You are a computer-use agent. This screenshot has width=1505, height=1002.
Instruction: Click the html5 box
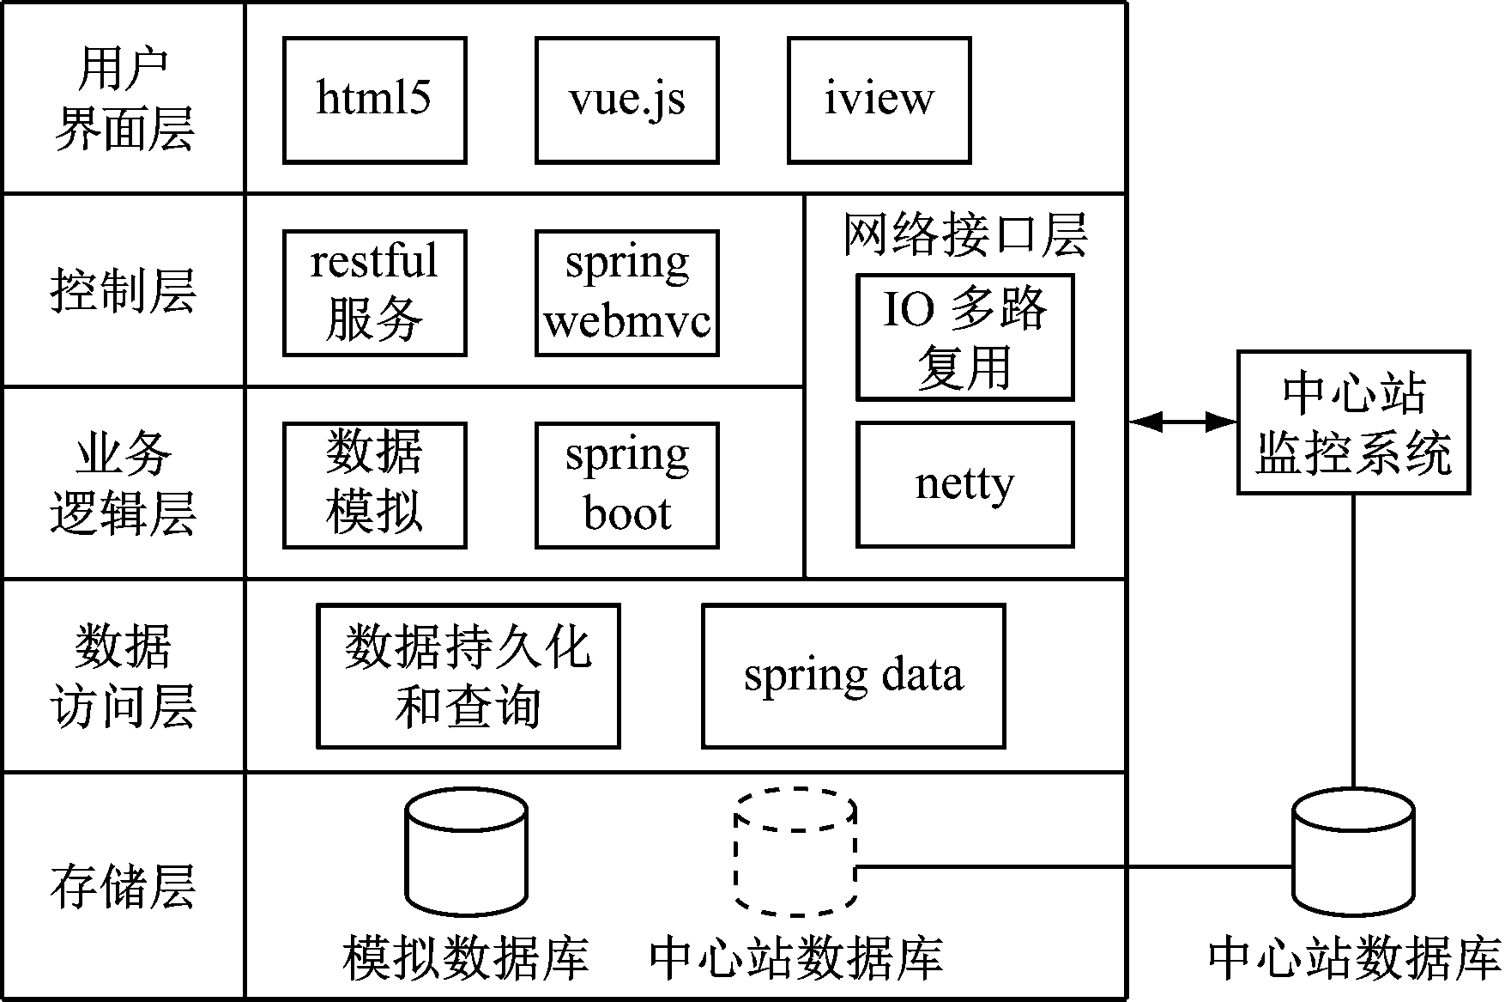(x=374, y=100)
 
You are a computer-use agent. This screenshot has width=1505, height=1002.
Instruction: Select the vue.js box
(x=626, y=100)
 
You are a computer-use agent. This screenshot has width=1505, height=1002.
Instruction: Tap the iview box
(x=879, y=100)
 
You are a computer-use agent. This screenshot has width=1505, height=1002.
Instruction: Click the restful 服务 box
(x=374, y=292)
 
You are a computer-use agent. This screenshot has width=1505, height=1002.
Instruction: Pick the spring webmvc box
(x=626, y=292)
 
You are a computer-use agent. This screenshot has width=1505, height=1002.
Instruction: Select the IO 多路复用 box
(x=964, y=337)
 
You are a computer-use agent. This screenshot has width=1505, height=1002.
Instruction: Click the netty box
(x=964, y=484)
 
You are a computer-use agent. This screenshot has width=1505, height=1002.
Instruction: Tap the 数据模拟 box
(x=374, y=484)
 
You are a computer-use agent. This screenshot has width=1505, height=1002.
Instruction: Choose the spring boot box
(x=626, y=484)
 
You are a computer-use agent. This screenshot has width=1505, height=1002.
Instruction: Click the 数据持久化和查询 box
(x=468, y=676)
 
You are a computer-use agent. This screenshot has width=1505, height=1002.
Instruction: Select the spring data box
(x=853, y=676)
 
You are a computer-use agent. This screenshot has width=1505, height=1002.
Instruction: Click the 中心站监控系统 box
(x=1353, y=422)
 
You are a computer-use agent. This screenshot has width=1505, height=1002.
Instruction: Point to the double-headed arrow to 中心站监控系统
(x=1182, y=422)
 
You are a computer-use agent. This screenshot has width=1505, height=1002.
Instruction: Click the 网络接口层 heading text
(x=964, y=234)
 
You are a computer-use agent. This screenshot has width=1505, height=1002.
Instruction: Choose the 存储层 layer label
(x=124, y=886)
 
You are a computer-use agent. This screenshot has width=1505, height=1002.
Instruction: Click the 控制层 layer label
(x=124, y=290)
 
